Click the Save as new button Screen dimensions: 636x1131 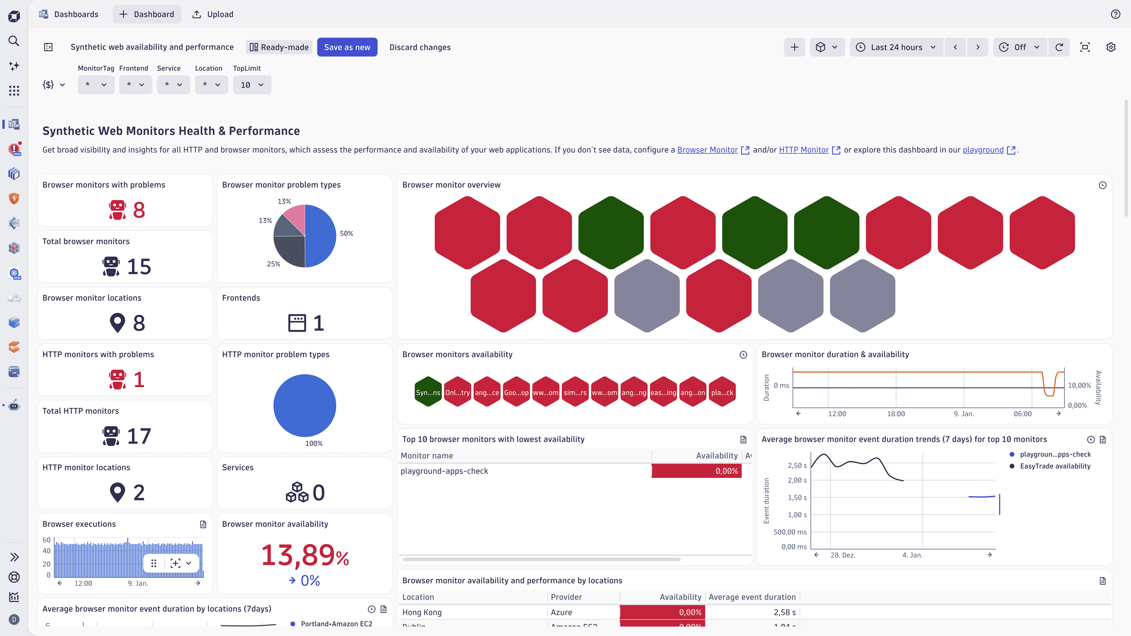tap(347, 47)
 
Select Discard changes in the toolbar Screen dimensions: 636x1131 tap(420, 47)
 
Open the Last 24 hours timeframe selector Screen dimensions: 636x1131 tap(896, 47)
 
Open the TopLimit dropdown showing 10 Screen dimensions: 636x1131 tap(252, 85)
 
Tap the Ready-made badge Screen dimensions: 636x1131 tap(279, 47)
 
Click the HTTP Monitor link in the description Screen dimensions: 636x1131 tap(803, 150)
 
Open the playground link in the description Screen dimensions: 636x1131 tap(983, 150)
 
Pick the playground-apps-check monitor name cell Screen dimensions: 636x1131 tap(444, 471)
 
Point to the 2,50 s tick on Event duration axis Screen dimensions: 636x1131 tap(797, 465)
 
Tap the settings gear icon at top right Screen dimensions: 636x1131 tap(1111, 47)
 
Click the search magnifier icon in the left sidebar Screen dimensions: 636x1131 tap(14, 41)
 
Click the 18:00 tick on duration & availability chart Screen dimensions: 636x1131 tap(896, 413)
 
